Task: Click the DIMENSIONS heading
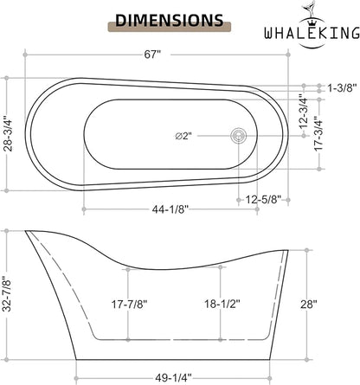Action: click(170, 20)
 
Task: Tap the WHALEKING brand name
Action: click(312, 33)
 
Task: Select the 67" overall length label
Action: click(152, 55)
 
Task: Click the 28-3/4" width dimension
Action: click(10, 133)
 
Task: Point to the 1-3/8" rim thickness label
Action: click(340, 88)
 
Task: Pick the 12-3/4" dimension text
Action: click(304, 112)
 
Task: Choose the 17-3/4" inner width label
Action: click(318, 133)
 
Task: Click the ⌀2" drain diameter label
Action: click(183, 136)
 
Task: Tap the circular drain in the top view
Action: click(239, 135)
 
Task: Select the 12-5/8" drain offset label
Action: click(263, 199)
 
